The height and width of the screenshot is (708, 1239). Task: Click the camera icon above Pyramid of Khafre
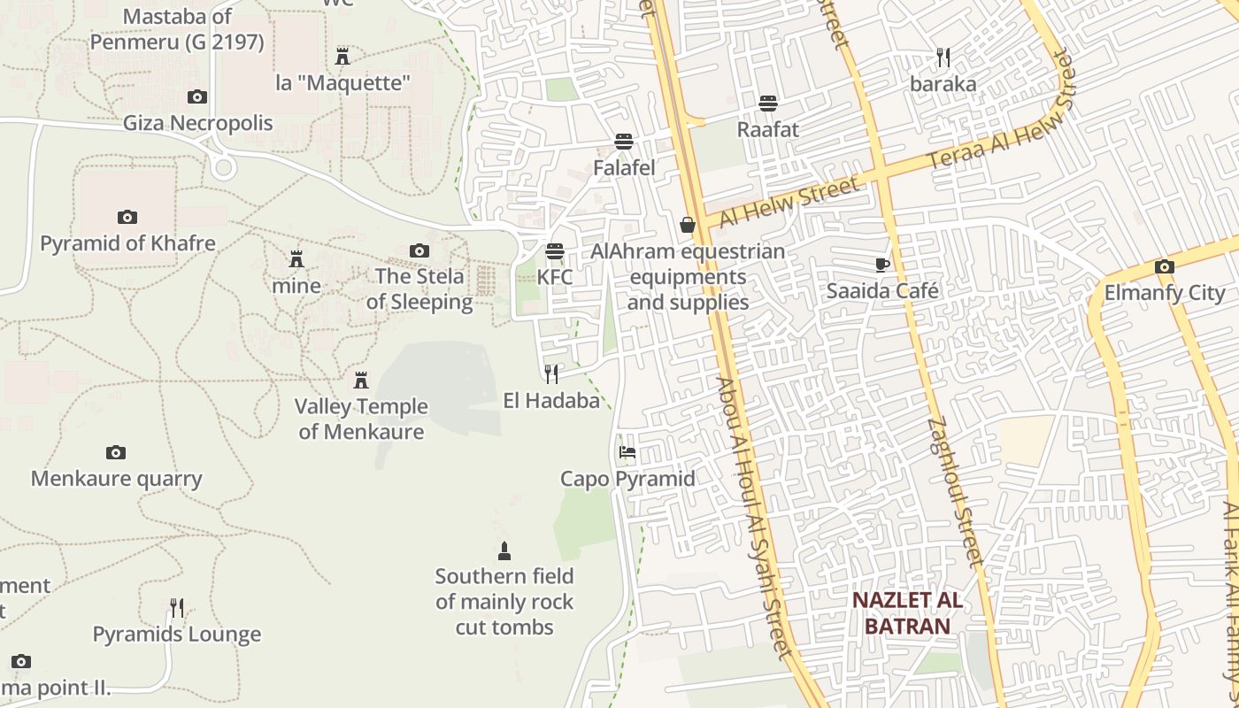point(127,217)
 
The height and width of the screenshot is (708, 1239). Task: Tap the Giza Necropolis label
point(198,123)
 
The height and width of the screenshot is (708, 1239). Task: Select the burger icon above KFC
point(555,251)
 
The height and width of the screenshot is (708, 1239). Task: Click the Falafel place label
point(624,167)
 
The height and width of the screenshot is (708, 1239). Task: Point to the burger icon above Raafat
point(767,103)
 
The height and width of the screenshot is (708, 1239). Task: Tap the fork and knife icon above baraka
point(943,58)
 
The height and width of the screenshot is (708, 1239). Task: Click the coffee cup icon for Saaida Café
point(881,265)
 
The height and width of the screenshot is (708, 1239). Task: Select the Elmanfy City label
point(1164,293)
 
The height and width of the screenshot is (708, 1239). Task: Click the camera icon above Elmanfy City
point(1164,266)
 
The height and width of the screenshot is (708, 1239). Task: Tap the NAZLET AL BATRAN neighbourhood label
point(907,613)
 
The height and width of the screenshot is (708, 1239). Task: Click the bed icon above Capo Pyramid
point(627,452)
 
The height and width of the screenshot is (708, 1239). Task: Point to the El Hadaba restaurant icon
point(551,374)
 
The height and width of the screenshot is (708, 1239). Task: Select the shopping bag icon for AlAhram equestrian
point(687,225)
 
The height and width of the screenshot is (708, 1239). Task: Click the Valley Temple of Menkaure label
point(361,419)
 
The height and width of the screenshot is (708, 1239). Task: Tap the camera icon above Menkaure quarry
point(116,453)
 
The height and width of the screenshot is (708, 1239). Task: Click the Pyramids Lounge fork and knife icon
point(177,608)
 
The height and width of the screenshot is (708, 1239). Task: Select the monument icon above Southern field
point(504,551)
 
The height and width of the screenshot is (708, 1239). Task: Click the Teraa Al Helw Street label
point(1000,111)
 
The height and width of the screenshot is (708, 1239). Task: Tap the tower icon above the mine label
point(296,259)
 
